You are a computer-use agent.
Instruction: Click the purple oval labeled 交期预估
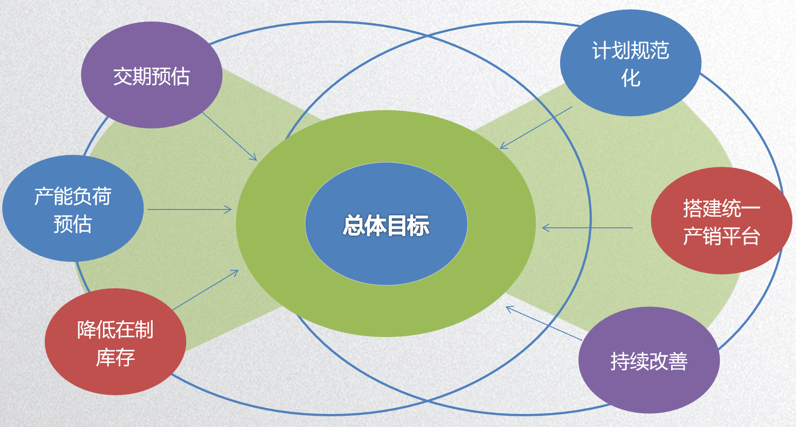click(151, 75)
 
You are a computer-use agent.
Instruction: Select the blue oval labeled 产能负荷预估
click(73, 209)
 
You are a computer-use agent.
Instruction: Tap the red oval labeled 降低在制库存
click(116, 342)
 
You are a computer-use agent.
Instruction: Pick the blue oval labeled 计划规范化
click(630, 63)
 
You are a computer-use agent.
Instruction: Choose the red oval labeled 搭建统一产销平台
click(721, 221)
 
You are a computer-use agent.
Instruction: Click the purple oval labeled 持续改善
click(649, 360)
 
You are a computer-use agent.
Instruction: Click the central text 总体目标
click(386, 225)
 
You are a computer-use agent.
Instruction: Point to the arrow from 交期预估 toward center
click(230, 136)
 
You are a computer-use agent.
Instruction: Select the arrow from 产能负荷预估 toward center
click(190, 209)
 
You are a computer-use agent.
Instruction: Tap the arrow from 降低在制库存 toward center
click(205, 290)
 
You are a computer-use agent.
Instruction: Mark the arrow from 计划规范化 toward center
click(536, 128)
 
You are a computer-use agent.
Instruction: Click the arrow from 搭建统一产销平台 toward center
click(587, 228)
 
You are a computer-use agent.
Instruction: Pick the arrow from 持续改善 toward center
click(544, 323)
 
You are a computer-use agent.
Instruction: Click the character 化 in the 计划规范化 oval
click(630, 78)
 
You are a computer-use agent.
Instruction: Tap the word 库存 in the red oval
click(116, 358)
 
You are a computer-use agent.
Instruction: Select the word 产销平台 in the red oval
click(721, 236)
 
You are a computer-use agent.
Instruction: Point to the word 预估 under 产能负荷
click(73, 224)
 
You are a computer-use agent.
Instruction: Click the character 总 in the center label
click(354, 225)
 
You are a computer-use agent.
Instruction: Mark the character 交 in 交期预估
click(123, 77)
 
